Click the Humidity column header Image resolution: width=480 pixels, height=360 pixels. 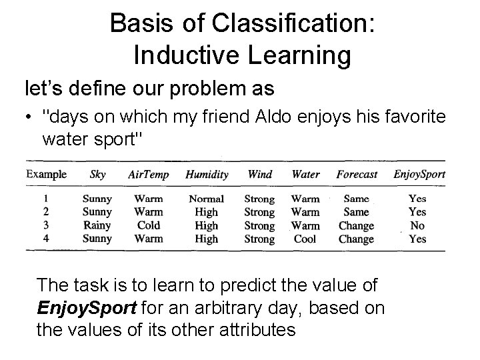[207, 175]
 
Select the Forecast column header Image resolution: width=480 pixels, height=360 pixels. [357, 175]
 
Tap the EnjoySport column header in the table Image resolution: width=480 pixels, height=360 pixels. [419, 175]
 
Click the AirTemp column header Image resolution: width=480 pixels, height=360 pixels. [148, 175]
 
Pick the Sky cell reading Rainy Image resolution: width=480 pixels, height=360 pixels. [97, 225]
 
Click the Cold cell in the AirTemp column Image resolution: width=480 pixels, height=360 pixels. [148, 225]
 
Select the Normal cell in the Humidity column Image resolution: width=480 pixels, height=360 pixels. [207, 199]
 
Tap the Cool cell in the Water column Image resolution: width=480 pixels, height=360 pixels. [305, 239]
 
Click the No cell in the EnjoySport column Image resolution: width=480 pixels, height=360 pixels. [417, 225]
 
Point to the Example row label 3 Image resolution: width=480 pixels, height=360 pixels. [45, 225]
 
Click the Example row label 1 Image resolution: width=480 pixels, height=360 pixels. [45, 199]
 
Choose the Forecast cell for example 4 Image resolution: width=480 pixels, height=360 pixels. [357, 239]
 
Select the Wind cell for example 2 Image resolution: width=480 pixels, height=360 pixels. [259, 212]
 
